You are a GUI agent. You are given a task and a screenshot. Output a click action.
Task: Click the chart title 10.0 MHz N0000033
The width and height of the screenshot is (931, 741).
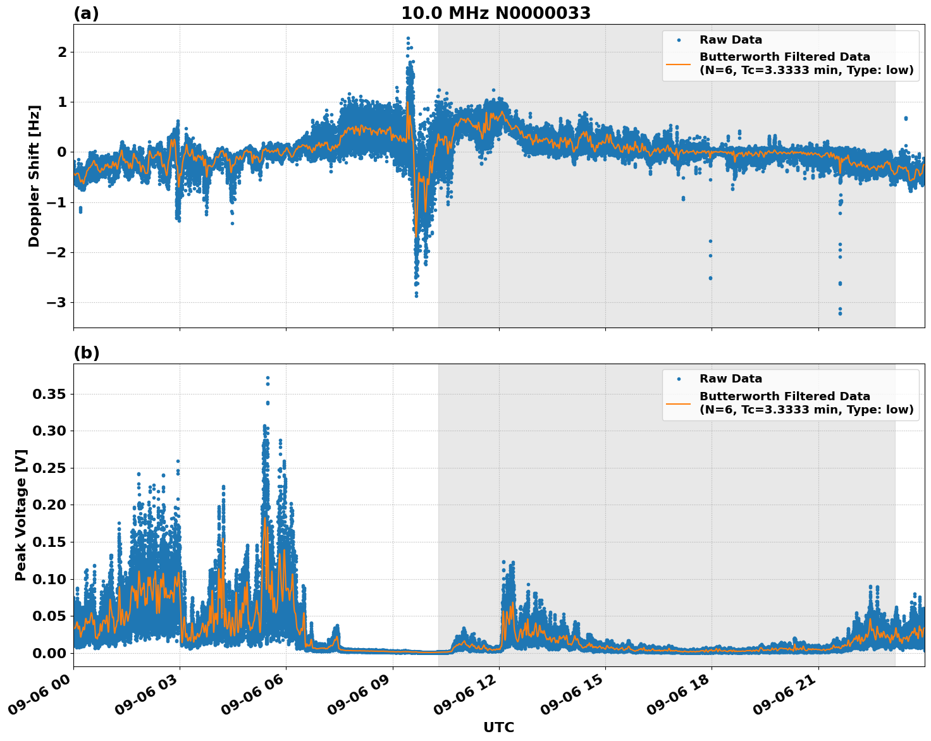point(496,13)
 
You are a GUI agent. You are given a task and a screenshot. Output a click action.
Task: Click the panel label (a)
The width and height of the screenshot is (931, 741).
point(86,13)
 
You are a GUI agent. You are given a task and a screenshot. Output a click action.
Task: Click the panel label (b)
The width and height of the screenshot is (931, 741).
point(86,353)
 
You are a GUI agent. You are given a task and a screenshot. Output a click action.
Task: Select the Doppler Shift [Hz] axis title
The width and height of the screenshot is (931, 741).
point(34,176)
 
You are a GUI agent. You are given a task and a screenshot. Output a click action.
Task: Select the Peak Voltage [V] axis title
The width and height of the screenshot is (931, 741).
point(21,515)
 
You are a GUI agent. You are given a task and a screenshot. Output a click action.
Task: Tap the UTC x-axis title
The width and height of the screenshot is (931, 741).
point(498,727)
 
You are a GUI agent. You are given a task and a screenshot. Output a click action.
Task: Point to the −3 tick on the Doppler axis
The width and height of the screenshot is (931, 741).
point(58,303)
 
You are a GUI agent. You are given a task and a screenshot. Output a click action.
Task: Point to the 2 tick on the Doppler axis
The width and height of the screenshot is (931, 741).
point(62,52)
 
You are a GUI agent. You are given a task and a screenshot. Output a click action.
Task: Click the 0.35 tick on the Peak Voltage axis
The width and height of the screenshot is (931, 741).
point(49,395)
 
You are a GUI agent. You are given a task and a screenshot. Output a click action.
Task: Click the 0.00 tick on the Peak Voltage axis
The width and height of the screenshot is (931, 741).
point(49,653)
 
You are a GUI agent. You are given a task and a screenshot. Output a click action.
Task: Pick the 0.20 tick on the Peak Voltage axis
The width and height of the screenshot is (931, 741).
point(49,505)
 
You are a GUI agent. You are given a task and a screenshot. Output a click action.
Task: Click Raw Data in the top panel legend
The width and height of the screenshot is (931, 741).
point(731,40)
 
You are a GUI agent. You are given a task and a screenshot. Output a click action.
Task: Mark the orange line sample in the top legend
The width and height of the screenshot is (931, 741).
point(679,64)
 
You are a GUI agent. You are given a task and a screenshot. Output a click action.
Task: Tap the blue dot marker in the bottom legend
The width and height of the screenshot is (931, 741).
point(679,379)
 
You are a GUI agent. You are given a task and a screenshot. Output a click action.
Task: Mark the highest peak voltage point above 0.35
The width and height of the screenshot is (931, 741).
point(268,378)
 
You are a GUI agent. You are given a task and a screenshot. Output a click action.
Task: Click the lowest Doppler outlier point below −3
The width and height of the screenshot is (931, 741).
point(840,314)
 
